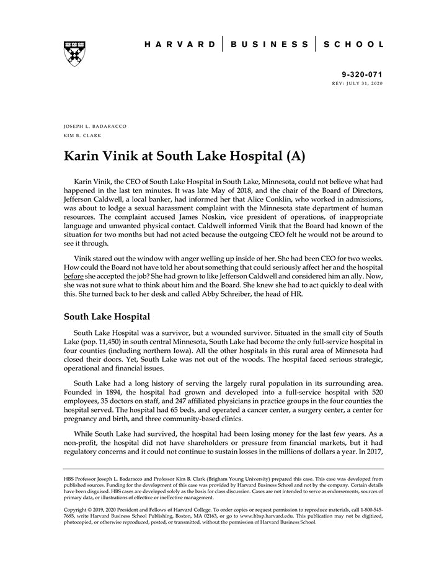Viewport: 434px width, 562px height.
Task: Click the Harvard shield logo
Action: (x=74, y=53)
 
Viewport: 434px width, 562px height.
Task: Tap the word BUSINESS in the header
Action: (x=268, y=45)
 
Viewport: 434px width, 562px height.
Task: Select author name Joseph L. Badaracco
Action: (x=95, y=126)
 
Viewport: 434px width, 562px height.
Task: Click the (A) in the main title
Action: (x=294, y=156)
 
